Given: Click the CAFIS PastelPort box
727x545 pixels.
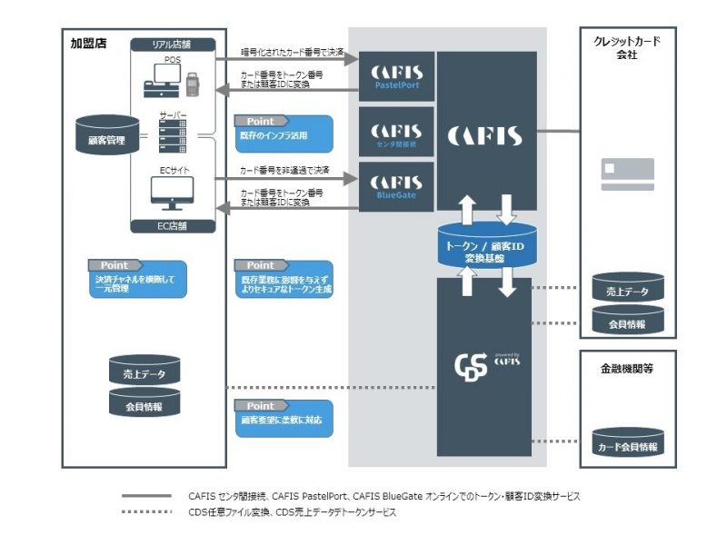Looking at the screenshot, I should pos(395,77).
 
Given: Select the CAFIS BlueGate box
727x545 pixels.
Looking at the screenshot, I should pos(395,187).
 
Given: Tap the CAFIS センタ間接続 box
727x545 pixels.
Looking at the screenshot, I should pos(395,133).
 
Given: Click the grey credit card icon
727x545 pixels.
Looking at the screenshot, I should pos(627,173).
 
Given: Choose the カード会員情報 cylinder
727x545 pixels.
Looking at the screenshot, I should pos(627,444).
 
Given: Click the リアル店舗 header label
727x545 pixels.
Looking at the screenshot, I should pos(173,45).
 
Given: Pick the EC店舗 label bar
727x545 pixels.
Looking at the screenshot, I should pos(173,226).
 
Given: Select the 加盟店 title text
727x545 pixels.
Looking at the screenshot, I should pos(88,43).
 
